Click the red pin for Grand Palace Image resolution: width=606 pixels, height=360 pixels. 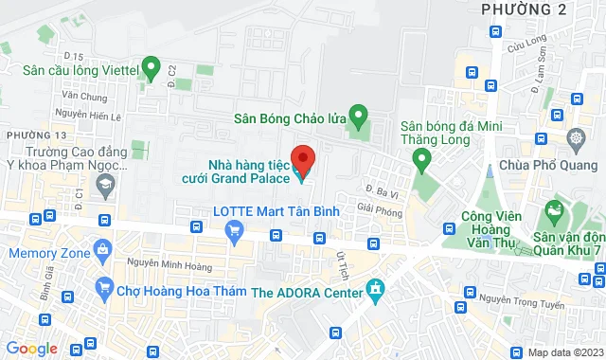303,156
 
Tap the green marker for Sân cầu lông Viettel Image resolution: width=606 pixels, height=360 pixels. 150,68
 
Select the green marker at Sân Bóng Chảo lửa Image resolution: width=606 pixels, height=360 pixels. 358,118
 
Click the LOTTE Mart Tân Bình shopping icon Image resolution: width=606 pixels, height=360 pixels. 236,230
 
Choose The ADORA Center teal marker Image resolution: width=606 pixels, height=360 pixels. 377,287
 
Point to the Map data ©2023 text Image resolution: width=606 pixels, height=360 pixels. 566,351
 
